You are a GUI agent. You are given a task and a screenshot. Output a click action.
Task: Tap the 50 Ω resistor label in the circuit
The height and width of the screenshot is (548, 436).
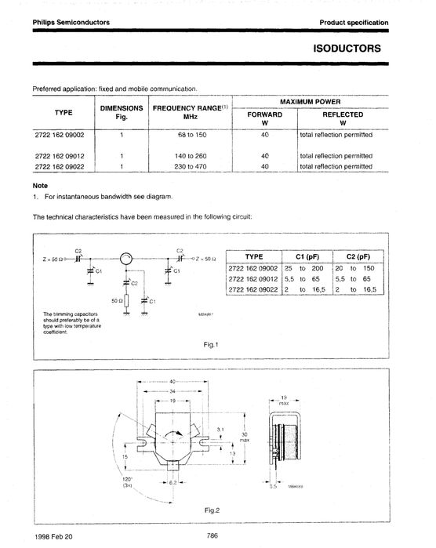pyautogui.click(x=114, y=300)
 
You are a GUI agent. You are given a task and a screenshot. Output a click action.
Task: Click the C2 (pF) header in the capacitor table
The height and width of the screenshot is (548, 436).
pyautogui.click(x=357, y=256)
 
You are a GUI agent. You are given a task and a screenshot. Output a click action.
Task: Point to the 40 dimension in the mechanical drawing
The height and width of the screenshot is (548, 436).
pyautogui.click(x=173, y=381)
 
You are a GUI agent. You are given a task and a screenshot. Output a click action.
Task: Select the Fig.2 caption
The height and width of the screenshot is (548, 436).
pyautogui.click(x=212, y=510)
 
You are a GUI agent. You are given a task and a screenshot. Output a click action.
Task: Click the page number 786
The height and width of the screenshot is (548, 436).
pyautogui.click(x=212, y=536)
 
